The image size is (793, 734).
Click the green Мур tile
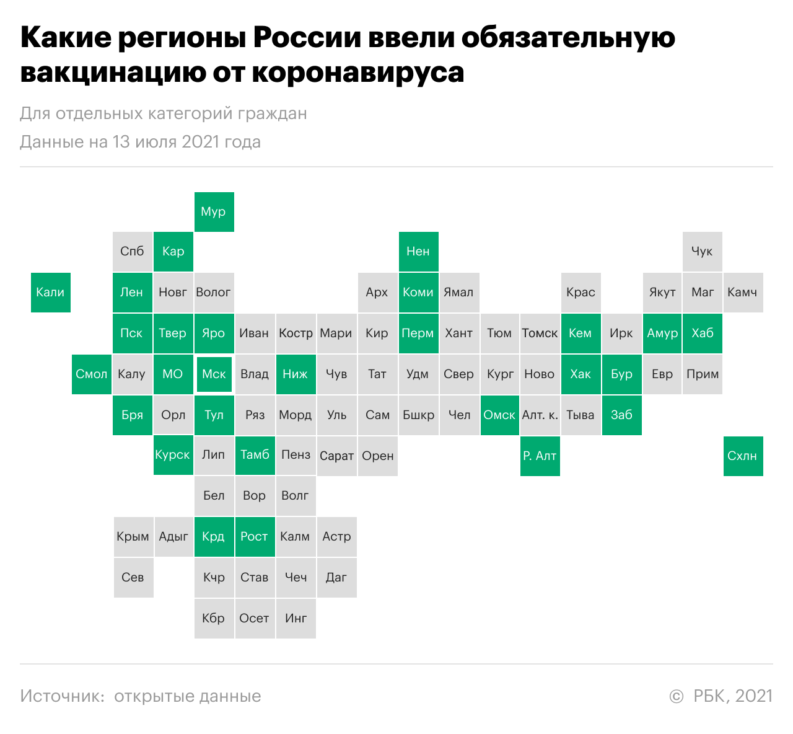pos(214,211)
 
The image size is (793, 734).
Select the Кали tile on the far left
pos(50,292)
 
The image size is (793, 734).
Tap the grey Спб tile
pos(132,251)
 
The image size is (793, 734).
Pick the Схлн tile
pos(743,456)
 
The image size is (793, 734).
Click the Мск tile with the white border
pos(214,374)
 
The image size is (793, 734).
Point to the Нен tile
pos(418,251)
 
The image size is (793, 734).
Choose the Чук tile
pos(702,251)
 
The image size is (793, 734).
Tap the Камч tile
pos(743,292)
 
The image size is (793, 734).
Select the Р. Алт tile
pos(540,456)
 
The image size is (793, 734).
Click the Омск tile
pos(499,415)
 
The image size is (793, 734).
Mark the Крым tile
pos(133,536)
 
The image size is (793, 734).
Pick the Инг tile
pos(296,618)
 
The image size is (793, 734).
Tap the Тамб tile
pos(255,455)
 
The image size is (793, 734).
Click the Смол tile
pos(92,374)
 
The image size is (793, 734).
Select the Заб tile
pos(621,415)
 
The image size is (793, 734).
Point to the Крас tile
pos(581,292)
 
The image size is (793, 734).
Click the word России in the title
pos(307,38)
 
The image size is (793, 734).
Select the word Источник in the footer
pos(62,696)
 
